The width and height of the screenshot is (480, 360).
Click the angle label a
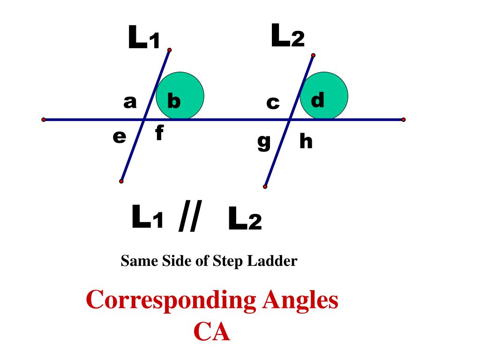(x=130, y=102)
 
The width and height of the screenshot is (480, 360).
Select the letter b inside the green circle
(x=174, y=101)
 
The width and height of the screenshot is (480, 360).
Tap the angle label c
(x=273, y=103)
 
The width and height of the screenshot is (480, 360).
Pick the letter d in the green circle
(x=318, y=100)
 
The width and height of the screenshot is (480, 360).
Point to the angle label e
(x=120, y=136)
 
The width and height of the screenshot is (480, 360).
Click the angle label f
(x=159, y=134)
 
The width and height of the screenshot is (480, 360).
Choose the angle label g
(x=264, y=141)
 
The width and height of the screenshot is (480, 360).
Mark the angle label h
(x=306, y=141)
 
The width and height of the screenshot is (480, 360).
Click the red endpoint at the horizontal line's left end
(x=44, y=120)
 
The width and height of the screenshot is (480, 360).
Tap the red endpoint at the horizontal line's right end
(x=403, y=120)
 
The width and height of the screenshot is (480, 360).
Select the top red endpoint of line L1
(x=169, y=50)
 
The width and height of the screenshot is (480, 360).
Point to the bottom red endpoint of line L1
(x=121, y=181)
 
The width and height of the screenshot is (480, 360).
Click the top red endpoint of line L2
(x=313, y=55)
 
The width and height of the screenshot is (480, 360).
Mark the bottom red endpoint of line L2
(x=265, y=187)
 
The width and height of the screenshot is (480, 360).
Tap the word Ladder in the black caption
(x=275, y=261)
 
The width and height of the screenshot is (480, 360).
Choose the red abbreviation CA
(x=212, y=332)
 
